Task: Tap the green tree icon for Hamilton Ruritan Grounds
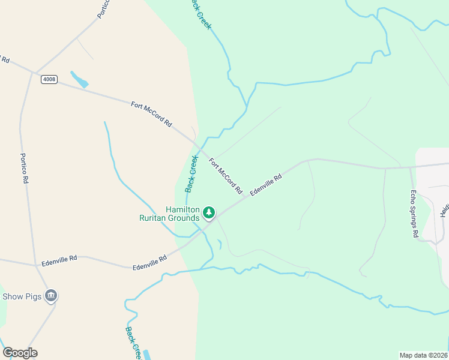click(x=209, y=212)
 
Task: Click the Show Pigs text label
click(x=22, y=296)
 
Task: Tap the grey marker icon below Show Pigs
click(x=51, y=295)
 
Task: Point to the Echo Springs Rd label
click(x=414, y=214)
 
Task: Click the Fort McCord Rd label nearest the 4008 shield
click(x=151, y=114)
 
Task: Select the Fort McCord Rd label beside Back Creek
click(x=226, y=176)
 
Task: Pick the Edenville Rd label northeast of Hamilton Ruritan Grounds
click(x=266, y=185)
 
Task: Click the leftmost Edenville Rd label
click(x=59, y=260)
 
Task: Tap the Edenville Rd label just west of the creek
click(x=149, y=262)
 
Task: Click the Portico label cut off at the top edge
click(x=104, y=7)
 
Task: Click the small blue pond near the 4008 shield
click(x=79, y=80)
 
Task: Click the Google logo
click(x=20, y=353)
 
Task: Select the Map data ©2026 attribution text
click(x=423, y=355)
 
